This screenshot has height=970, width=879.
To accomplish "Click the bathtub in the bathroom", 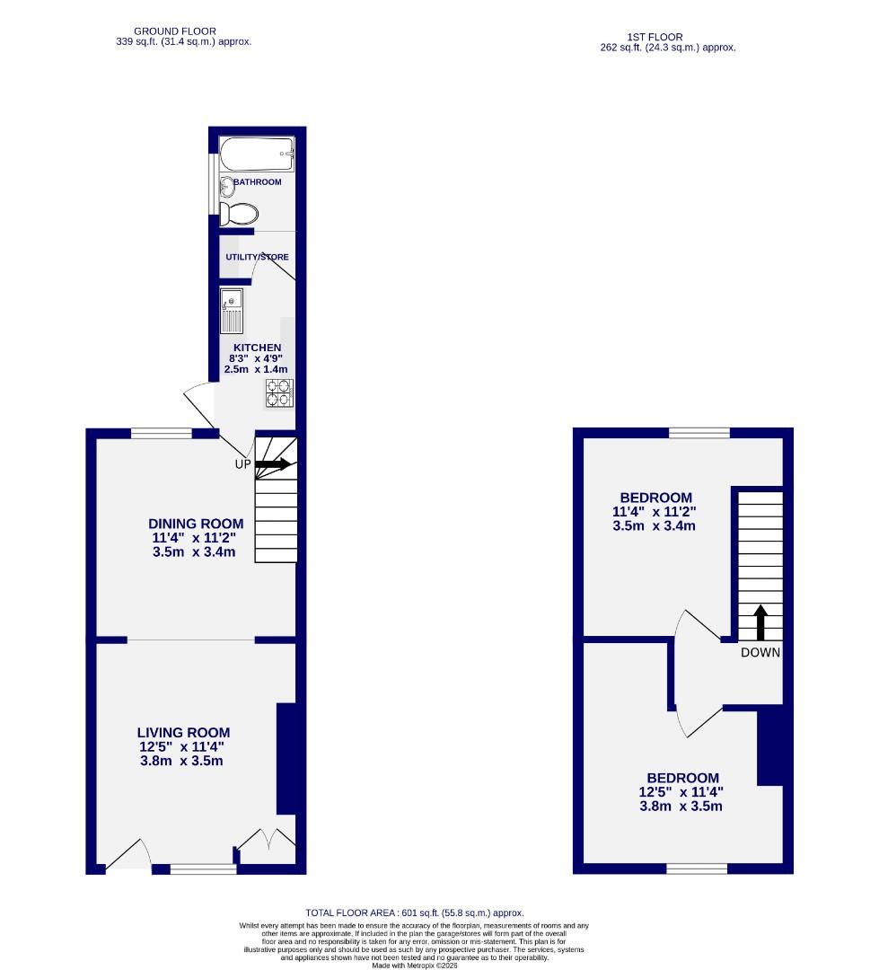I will point(258,154).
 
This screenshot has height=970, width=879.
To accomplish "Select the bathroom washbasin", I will point(226,186).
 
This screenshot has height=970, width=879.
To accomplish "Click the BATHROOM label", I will point(257,182).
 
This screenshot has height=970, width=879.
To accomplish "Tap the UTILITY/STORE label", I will point(257,257).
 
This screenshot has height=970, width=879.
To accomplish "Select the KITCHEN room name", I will point(258,348).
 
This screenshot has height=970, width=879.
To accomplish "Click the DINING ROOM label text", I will point(196,524).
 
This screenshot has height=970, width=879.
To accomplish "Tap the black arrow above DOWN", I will point(760,622).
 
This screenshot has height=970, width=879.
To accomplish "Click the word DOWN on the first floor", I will point(760,653).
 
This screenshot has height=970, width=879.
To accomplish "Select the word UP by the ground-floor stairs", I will point(242,465).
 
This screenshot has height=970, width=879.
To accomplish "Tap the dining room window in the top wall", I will point(162,434).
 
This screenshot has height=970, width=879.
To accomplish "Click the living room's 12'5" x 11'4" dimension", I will point(182,746).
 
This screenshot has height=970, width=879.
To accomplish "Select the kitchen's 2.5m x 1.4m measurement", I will point(256,369).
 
